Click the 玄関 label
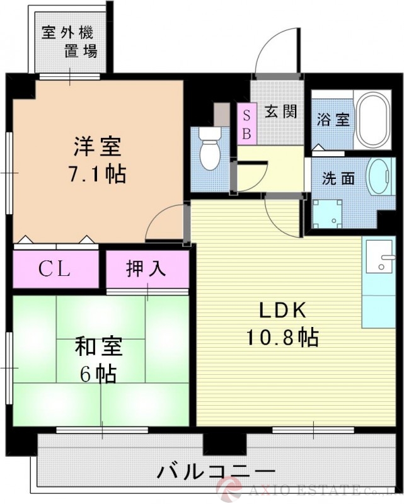280,112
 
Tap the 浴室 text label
333,120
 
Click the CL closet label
54,270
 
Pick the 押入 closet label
147,269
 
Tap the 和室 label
98,347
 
